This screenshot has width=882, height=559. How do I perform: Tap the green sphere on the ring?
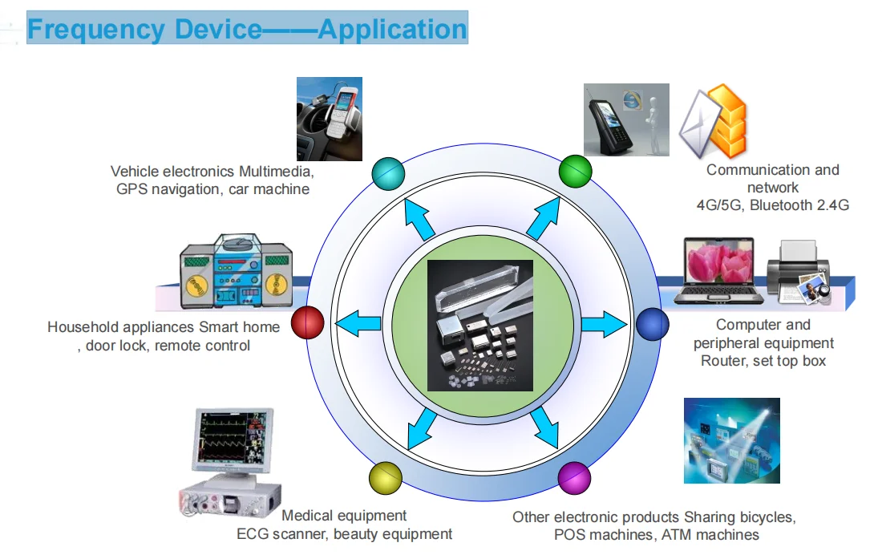575,170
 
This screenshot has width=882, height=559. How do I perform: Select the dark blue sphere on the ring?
652,324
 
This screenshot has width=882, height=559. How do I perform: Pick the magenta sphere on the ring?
574,478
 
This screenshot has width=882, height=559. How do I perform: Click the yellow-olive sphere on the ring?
385,478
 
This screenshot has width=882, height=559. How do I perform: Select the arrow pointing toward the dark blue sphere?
602,325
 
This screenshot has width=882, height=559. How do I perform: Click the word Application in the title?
392,30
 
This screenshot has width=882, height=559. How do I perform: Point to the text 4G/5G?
722,205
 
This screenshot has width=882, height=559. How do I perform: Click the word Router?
724,361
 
